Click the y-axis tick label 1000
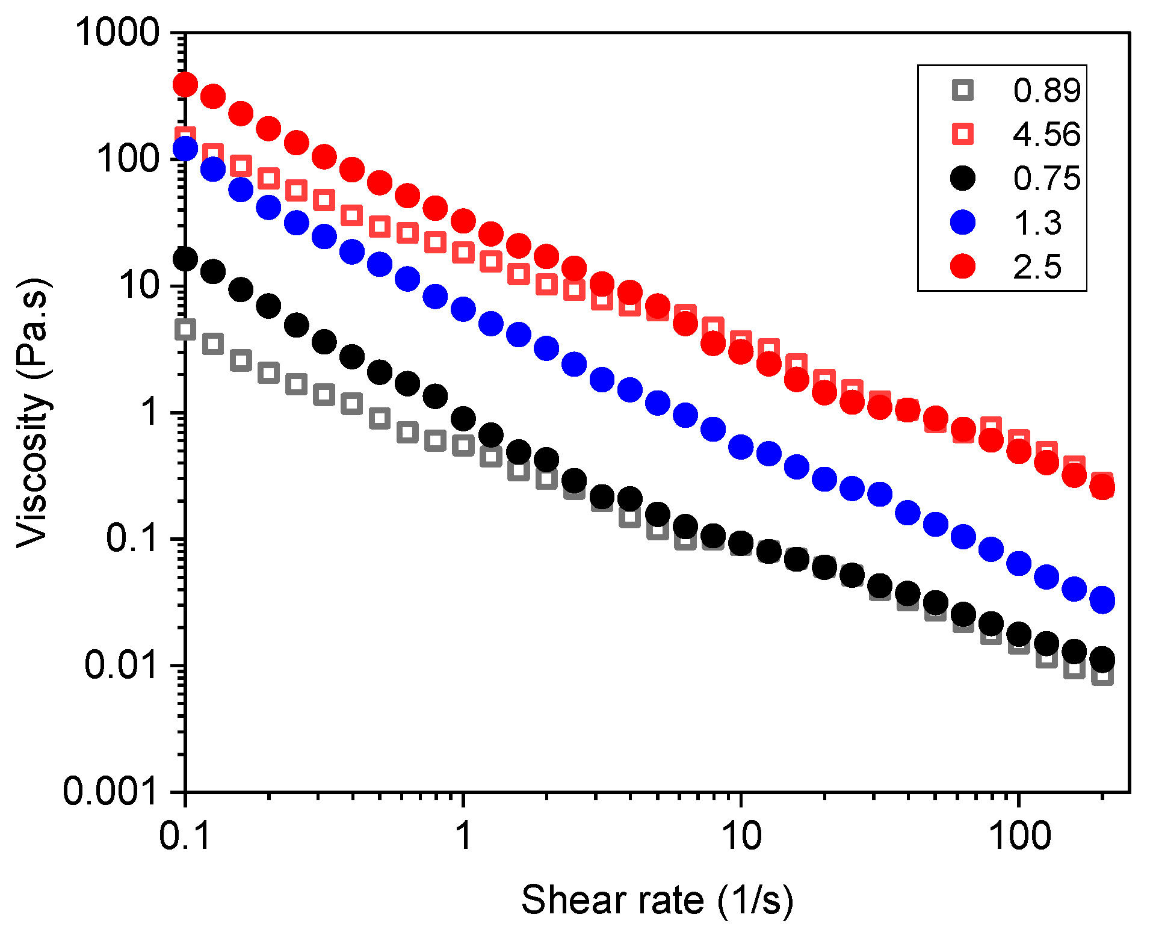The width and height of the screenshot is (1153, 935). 117,32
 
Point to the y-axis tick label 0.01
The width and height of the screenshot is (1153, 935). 121,665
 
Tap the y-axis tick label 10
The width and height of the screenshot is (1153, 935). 139,285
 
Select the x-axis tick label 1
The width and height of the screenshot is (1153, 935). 463,836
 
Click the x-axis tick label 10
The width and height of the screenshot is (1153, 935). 741,836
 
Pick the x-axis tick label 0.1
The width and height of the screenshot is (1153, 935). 185,836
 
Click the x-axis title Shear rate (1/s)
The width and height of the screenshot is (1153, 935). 657,900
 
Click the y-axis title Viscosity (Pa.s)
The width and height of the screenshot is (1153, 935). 33,413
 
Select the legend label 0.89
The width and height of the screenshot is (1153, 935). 1046,90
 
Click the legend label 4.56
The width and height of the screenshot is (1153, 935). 1046,134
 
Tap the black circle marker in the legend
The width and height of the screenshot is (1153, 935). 962,178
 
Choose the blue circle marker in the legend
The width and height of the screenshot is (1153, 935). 962,222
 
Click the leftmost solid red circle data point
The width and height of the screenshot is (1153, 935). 185,84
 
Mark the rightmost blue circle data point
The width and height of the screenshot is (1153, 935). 1102,600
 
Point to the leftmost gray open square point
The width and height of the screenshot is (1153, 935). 185,329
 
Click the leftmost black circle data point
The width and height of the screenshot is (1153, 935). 185,259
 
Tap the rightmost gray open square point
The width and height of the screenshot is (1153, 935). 1102,676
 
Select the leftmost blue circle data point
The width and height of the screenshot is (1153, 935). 185,149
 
